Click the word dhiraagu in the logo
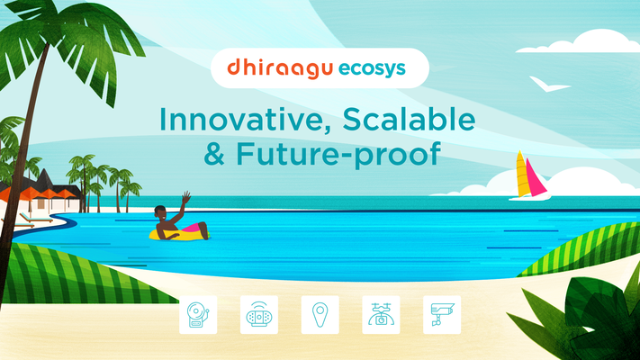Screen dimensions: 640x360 tap(280, 68)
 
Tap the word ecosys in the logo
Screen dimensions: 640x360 tap(372, 69)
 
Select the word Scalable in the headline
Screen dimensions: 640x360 tap(409, 119)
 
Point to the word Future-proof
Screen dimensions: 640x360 tap(338, 155)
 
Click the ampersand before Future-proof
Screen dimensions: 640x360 tap(214, 154)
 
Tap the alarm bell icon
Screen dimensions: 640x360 tap(198, 315)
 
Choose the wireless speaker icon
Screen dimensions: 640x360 tap(259, 315)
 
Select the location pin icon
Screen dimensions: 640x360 tap(320, 315)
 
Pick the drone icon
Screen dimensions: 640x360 tap(381, 315)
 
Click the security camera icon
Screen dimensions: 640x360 tap(442, 315)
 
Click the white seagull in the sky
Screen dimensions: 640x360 tap(549, 85)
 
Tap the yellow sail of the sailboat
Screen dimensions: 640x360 tap(522, 175)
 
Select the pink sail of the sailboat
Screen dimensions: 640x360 tap(536, 177)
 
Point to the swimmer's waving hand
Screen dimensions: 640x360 tap(186, 198)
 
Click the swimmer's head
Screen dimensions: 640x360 tap(160, 212)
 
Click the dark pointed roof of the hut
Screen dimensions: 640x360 tap(43, 180)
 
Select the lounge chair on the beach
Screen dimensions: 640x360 tap(35, 218)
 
